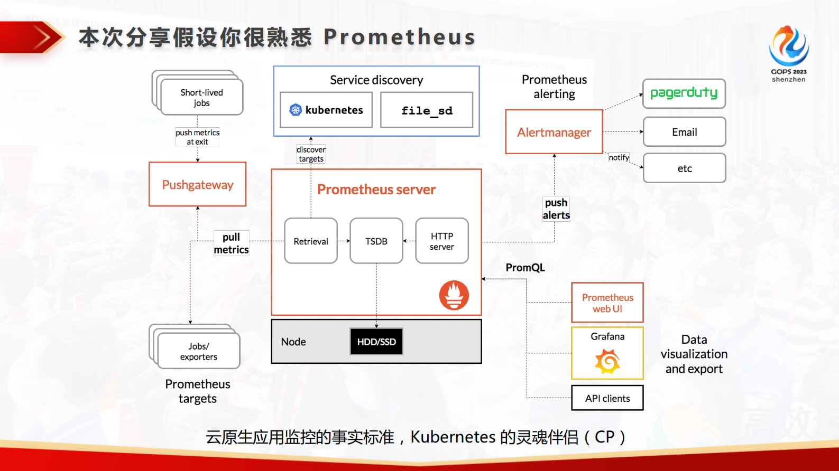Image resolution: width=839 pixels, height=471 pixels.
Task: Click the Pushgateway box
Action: [x=197, y=184]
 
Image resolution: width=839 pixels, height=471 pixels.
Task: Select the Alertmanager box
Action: [x=554, y=132]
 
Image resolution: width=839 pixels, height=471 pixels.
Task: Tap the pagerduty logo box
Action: [x=684, y=93]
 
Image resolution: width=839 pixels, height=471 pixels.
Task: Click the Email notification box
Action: [x=684, y=132]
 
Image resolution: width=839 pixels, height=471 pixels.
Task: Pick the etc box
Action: [x=684, y=168]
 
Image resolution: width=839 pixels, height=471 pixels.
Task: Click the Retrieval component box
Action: [x=310, y=241]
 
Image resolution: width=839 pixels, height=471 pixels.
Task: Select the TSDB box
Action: [x=376, y=241]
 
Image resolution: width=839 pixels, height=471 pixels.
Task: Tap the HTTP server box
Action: [x=441, y=241]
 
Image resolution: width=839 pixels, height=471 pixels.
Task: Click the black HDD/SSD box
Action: [x=376, y=342]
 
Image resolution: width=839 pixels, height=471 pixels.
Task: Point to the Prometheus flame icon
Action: [x=454, y=295]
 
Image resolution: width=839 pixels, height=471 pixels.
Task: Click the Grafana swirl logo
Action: [x=607, y=362]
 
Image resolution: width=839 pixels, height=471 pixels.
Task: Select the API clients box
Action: [x=607, y=398]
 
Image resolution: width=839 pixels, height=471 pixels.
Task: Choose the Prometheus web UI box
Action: [x=607, y=303]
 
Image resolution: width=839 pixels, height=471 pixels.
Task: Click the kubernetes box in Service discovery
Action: [x=326, y=110]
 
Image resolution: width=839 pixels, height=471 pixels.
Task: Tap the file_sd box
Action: [x=426, y=110]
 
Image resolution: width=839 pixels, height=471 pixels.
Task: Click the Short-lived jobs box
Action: [x=201, y=97]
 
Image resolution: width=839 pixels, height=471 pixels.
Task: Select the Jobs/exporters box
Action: [x=198, y=351]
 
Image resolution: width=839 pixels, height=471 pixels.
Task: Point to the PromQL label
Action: [x=524, y=268]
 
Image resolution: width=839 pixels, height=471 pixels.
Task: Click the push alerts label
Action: [x=556, y=209]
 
